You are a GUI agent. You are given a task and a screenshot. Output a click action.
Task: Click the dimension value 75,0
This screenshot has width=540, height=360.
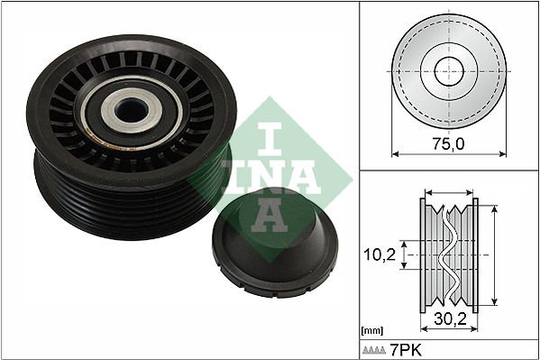coord(447,142)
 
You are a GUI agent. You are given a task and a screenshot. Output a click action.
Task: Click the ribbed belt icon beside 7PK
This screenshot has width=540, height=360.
coord(374,349)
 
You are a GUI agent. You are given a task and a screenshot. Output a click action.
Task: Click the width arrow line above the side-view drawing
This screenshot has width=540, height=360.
coord(448,192)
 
